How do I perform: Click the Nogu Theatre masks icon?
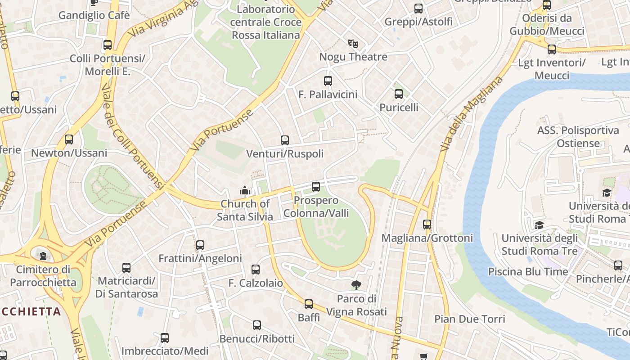353,44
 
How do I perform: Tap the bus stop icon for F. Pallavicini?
328,81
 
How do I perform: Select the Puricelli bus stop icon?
399,94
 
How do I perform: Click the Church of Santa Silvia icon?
245,190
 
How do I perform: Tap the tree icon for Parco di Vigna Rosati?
356,285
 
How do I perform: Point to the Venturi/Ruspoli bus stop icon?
285,140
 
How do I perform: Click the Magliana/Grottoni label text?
427,238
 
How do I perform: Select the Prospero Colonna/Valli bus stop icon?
316,186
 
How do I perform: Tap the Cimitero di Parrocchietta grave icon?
43,256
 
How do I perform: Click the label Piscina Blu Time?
528,272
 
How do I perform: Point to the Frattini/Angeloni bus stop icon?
200,245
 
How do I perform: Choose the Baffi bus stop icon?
309,304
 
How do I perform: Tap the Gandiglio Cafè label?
94,15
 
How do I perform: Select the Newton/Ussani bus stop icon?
69,139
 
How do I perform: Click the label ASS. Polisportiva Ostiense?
578,137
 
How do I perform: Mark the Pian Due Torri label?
469,319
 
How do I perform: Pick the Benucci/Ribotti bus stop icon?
257,325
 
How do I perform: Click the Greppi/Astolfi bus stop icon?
418,8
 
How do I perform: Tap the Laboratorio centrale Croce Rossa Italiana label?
265,22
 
